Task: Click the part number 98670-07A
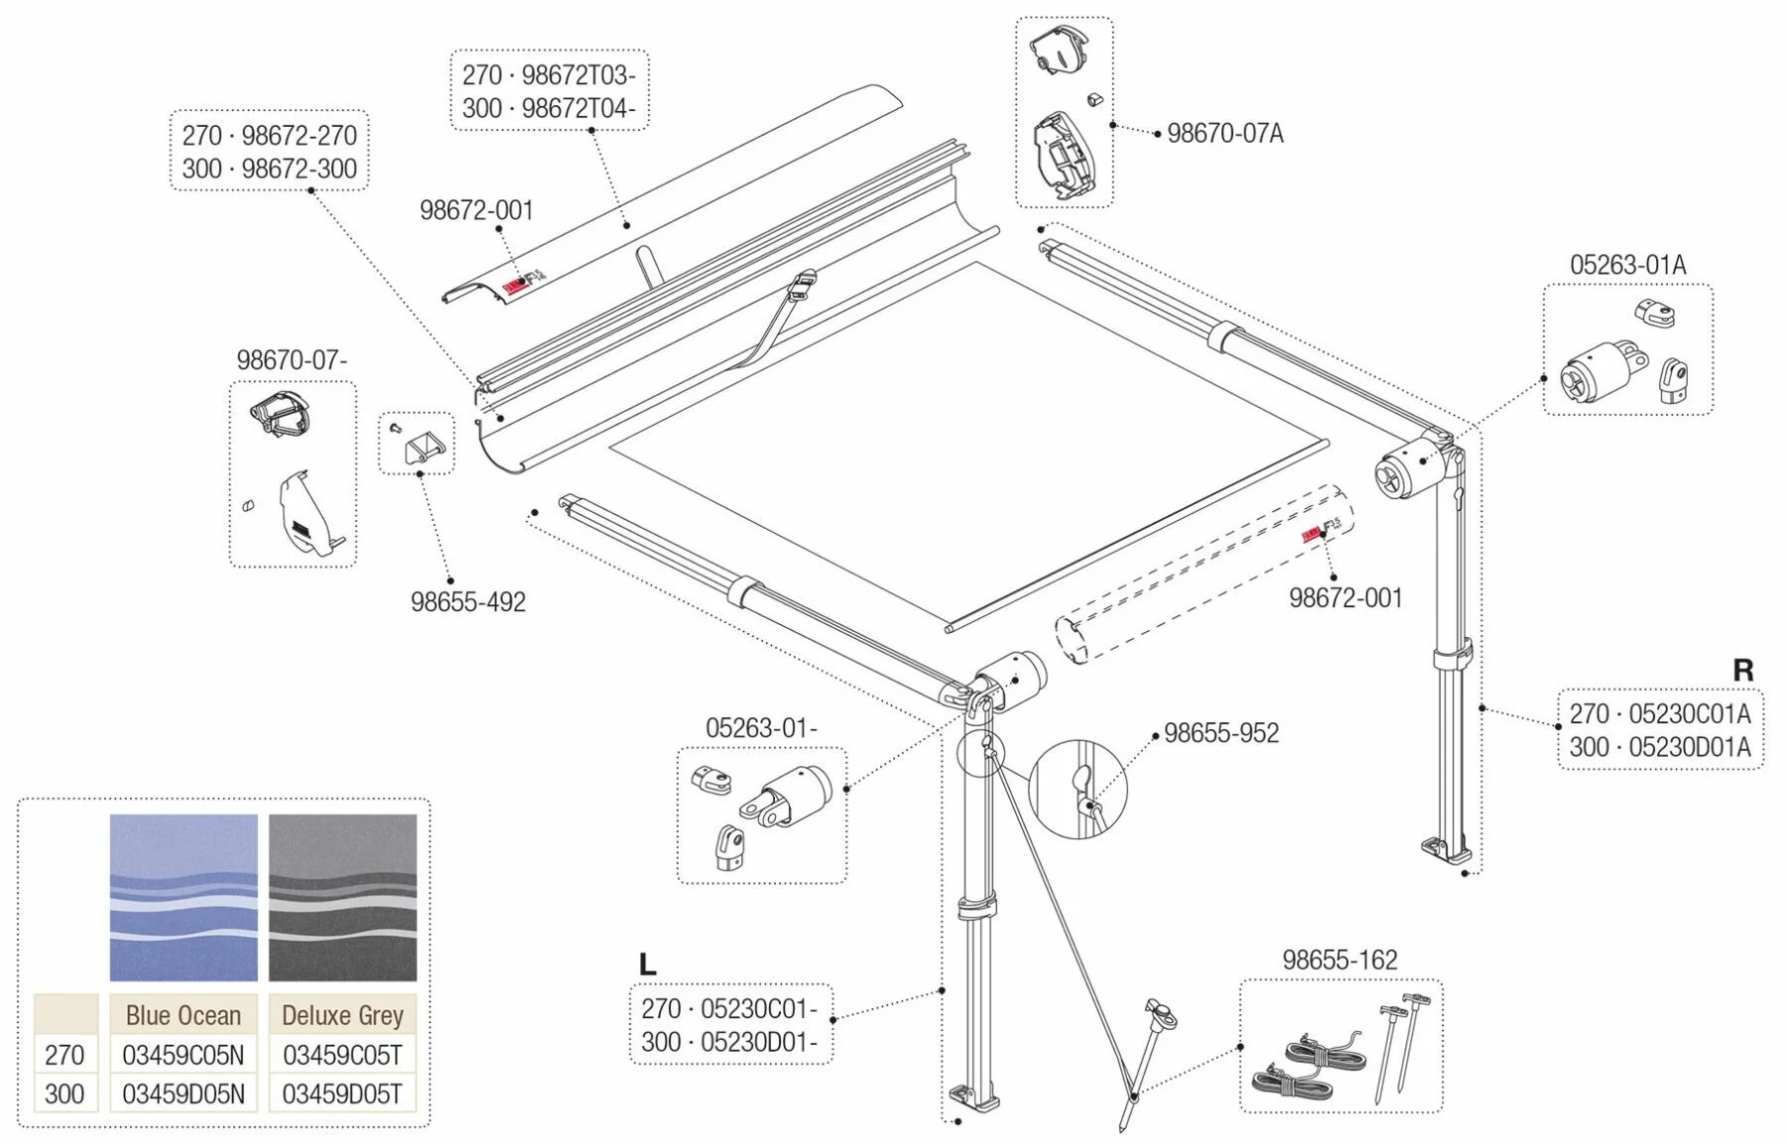[1224, 133]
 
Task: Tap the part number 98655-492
[468, 602]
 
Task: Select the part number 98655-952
[1221, 733]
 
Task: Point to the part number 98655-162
[1339, 960]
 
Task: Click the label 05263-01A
[1627, 265]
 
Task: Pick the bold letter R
[1742, 672]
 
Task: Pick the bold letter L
[647, 964]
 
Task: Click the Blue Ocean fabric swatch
[184, 897]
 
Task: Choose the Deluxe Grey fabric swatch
[342, 897]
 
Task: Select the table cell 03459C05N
[184, 1055]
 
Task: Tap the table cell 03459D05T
[342, 1094]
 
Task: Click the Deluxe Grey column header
[342, 1015]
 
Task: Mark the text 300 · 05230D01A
[1660, 747]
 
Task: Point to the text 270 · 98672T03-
[549, 75]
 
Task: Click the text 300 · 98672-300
[269, 169]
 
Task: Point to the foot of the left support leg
[969, 1098]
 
